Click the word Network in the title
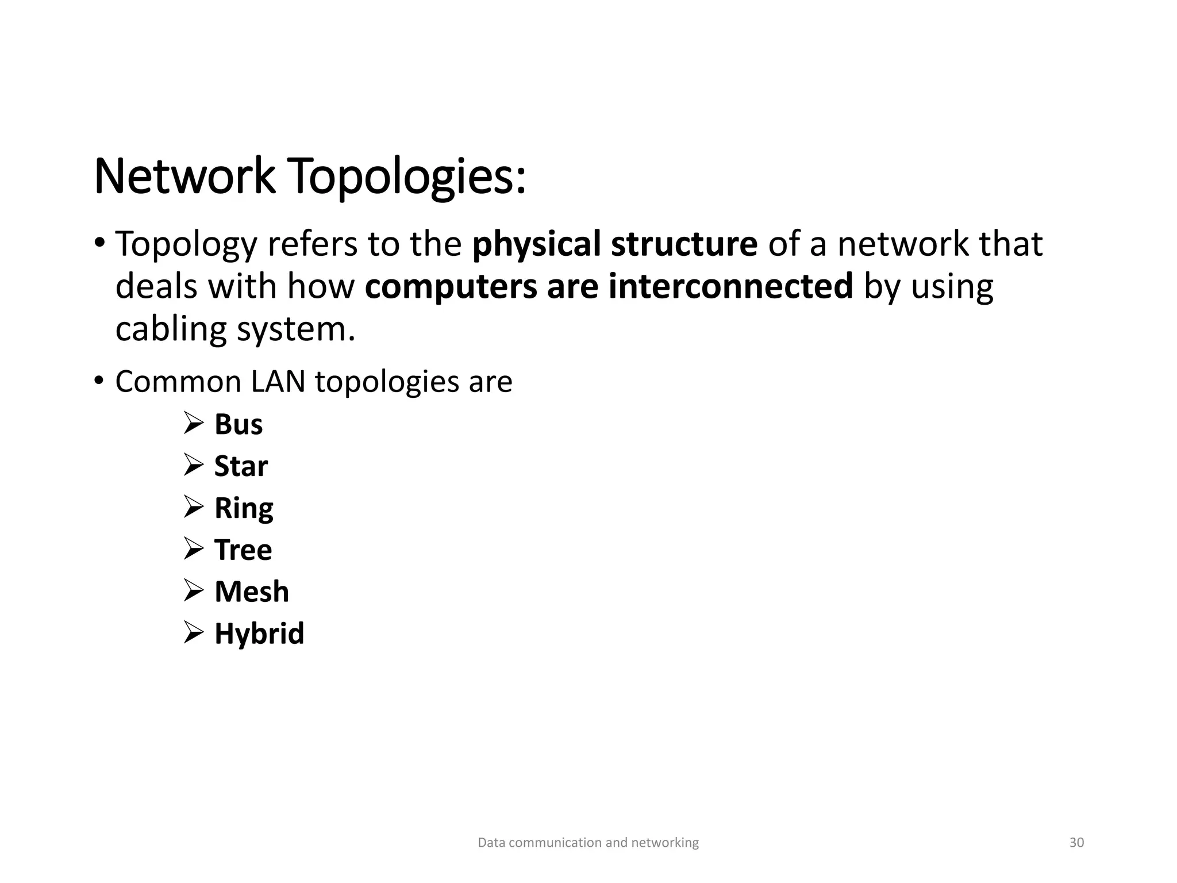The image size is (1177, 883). tap(184, 176)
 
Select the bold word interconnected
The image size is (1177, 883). tap(730, 286)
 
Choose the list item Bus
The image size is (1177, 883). tap(239, 425)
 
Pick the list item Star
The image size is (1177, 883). tap(241, 466)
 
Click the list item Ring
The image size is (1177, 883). tap(244, 508)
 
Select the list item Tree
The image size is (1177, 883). tap(243, 550)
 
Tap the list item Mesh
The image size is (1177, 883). tap(252, 592)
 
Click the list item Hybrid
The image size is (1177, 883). tap(259, 634)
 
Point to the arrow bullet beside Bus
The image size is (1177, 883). tap(194, 424)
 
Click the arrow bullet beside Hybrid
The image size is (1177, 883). tap(194, 633)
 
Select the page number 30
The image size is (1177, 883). tap(1076, 843)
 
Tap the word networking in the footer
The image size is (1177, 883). tap(665, 843)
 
